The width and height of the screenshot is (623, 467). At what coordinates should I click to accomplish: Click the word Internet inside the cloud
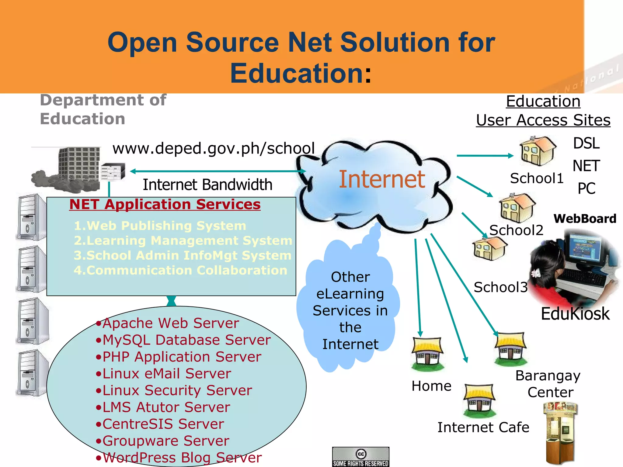pyautogui.click(x=382, y=179)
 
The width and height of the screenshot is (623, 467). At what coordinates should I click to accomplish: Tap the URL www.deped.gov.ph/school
pyautogui.click(x=214, y=148)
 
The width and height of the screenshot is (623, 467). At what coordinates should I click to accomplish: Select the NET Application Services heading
pyautogui.click(x=165, y=204)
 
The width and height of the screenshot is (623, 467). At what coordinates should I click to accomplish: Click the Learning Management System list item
pyautogui.click(x=183, y=240)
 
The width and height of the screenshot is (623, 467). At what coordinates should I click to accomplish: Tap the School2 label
pyautogui.click(x=516, y=230)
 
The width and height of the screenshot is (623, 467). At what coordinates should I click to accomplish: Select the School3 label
pyautogui.click(x=500, y=287)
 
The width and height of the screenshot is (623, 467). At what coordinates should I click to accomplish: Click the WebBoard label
pyautogui.click(x=585, y=219)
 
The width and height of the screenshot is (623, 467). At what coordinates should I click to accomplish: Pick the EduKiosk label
pyautogui.click(x=575, y=314)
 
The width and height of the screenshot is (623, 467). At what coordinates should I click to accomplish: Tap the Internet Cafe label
pyautogui.click(x=483, y=427)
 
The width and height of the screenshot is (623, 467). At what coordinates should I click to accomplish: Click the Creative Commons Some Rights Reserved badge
pyautogui.click(x=361, y=457)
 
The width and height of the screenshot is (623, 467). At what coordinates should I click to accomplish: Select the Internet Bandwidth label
pyautogui.click(x=207, y=185)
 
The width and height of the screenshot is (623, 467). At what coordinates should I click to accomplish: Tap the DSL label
pyautogui.click(x=586, y=143)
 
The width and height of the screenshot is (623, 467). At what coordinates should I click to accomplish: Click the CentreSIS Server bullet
pyautogui.click(x=163, y=424)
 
